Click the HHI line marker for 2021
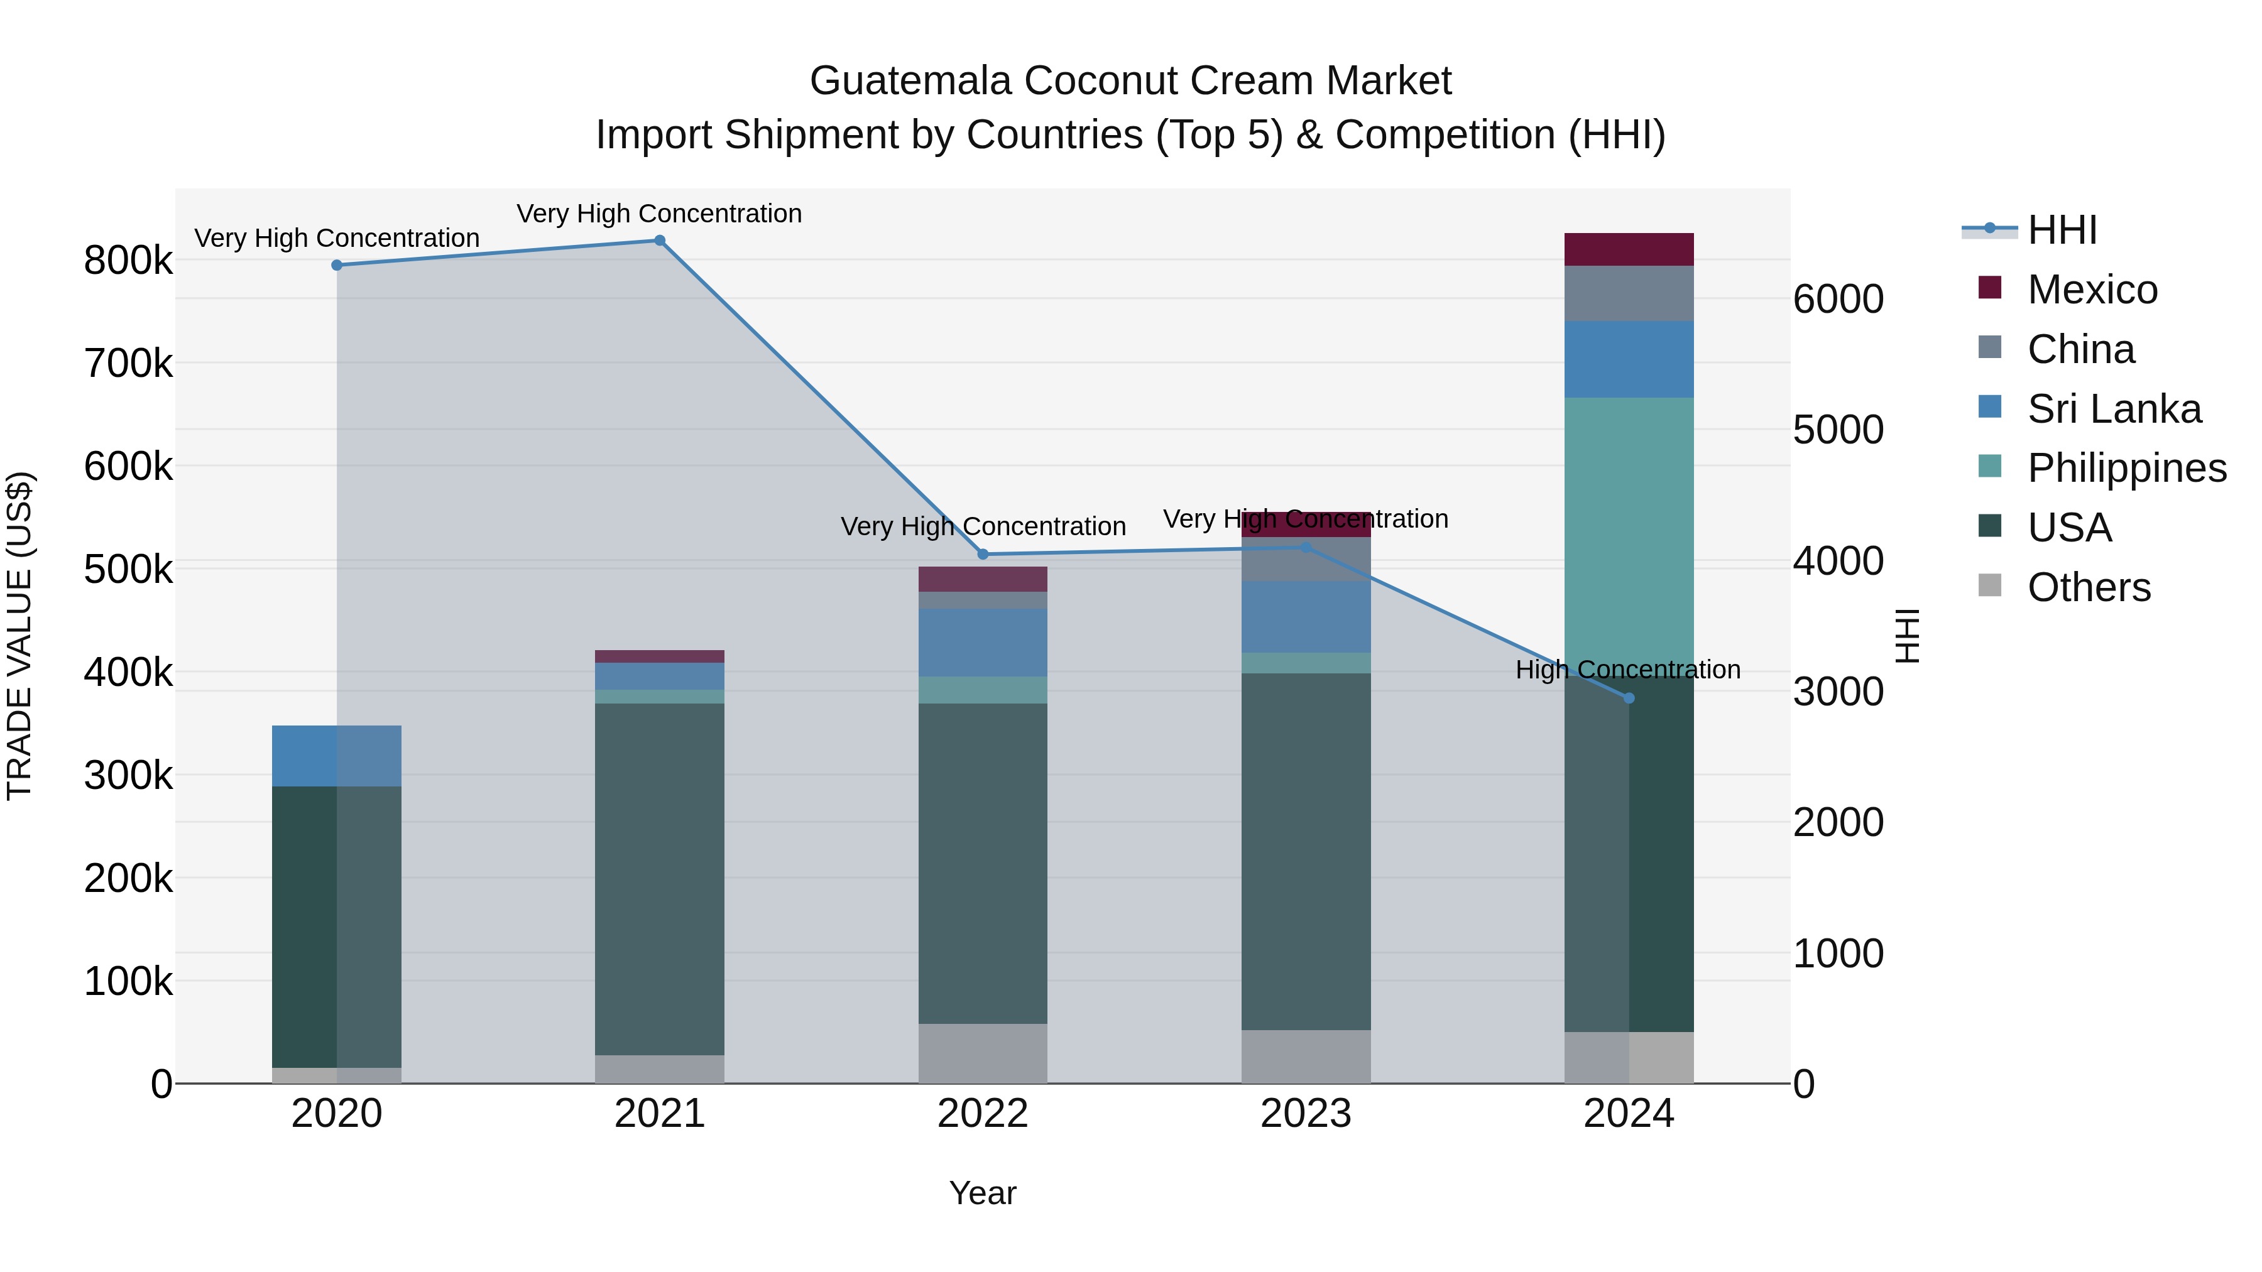(x=660, y=241)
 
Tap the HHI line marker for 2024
(x=1629, y=699)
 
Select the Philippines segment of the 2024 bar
(x=1629, y=527)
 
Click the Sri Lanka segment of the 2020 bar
(x=336, y=756)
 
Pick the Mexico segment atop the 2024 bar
(x=1629, y=249)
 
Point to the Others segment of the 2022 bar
(x=983, y=1053)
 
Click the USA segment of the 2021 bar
(x=660, y=878)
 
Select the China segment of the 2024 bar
(x=1629, y=293)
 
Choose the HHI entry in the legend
(x=2061, y=230)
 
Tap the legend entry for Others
(x=2088, y=587)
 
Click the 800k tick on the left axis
(x=128, y=261)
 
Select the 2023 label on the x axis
(x=1306, y=1114)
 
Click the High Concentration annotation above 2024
(x=1627, y=670)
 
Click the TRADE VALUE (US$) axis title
(x=19, y=636)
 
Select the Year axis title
(x=983, y=1193)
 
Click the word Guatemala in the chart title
(x=910, y=81)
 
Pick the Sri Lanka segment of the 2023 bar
(x=1306, y=616)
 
